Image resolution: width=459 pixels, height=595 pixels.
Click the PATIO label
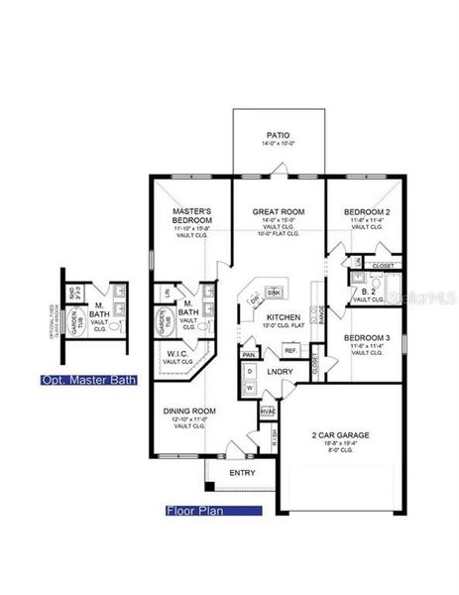(278, 135)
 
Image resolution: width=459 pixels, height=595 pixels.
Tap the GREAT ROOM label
(279, 212)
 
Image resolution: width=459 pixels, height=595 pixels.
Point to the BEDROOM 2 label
(366, 212)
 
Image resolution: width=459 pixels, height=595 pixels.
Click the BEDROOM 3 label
(366, 338)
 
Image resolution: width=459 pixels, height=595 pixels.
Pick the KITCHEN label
(282, 317)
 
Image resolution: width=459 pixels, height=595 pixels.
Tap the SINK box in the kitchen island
(275, 293)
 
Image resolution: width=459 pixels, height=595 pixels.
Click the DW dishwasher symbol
(255, 297)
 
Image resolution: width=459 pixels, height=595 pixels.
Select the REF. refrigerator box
(291, 350)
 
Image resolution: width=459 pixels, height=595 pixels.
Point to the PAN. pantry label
(249, 354)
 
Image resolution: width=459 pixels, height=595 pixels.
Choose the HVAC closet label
(266, 411)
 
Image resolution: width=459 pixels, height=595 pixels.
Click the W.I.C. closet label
(178, 354)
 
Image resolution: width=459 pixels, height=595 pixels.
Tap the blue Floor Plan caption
(214, 512)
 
